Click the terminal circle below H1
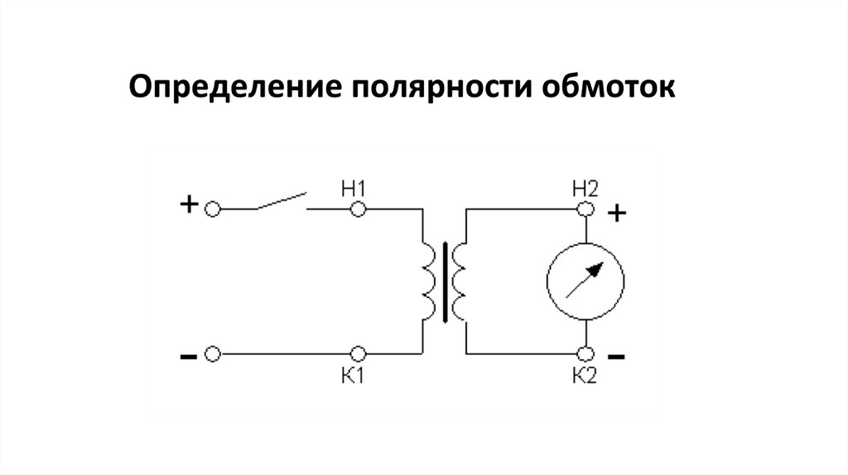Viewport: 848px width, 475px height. [358, 210]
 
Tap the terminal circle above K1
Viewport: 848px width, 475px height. [358, 353]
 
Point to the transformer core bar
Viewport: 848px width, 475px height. [447, 281]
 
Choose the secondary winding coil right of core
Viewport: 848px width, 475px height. [460, 281]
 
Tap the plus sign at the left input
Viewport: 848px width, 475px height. [189, 204]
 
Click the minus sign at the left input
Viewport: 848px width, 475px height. [188, 357]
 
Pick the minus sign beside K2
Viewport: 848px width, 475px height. [616, 357]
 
